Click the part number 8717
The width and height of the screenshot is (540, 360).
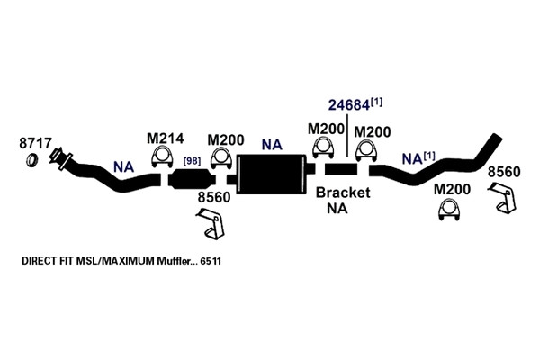pos(35,143)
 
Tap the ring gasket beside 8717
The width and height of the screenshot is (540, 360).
pos(32,160)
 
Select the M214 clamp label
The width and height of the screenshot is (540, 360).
pos(165,139)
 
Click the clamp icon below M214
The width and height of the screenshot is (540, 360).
pos(162,157)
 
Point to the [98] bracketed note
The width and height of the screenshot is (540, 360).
pos(193,161)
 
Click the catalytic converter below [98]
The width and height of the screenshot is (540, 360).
pos(192,179)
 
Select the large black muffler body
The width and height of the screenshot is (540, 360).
pos(271,174)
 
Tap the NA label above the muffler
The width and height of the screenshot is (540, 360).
pos(272,145)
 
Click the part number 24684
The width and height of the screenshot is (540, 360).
pos(349,105)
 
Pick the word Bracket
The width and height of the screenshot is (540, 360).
pos(343,193)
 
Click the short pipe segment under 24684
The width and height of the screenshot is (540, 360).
pos(340,169)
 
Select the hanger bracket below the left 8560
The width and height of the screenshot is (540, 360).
pos(211,223)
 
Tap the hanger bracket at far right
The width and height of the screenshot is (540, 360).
pos(502,198)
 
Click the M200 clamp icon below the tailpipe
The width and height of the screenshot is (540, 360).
pos(449,210)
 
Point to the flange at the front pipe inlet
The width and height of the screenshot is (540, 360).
pos(61,158)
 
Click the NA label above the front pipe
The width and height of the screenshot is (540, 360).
pos(123,167)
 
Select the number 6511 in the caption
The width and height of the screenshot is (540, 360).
pos(211,261)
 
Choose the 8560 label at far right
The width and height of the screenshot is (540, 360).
pos(504,172)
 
